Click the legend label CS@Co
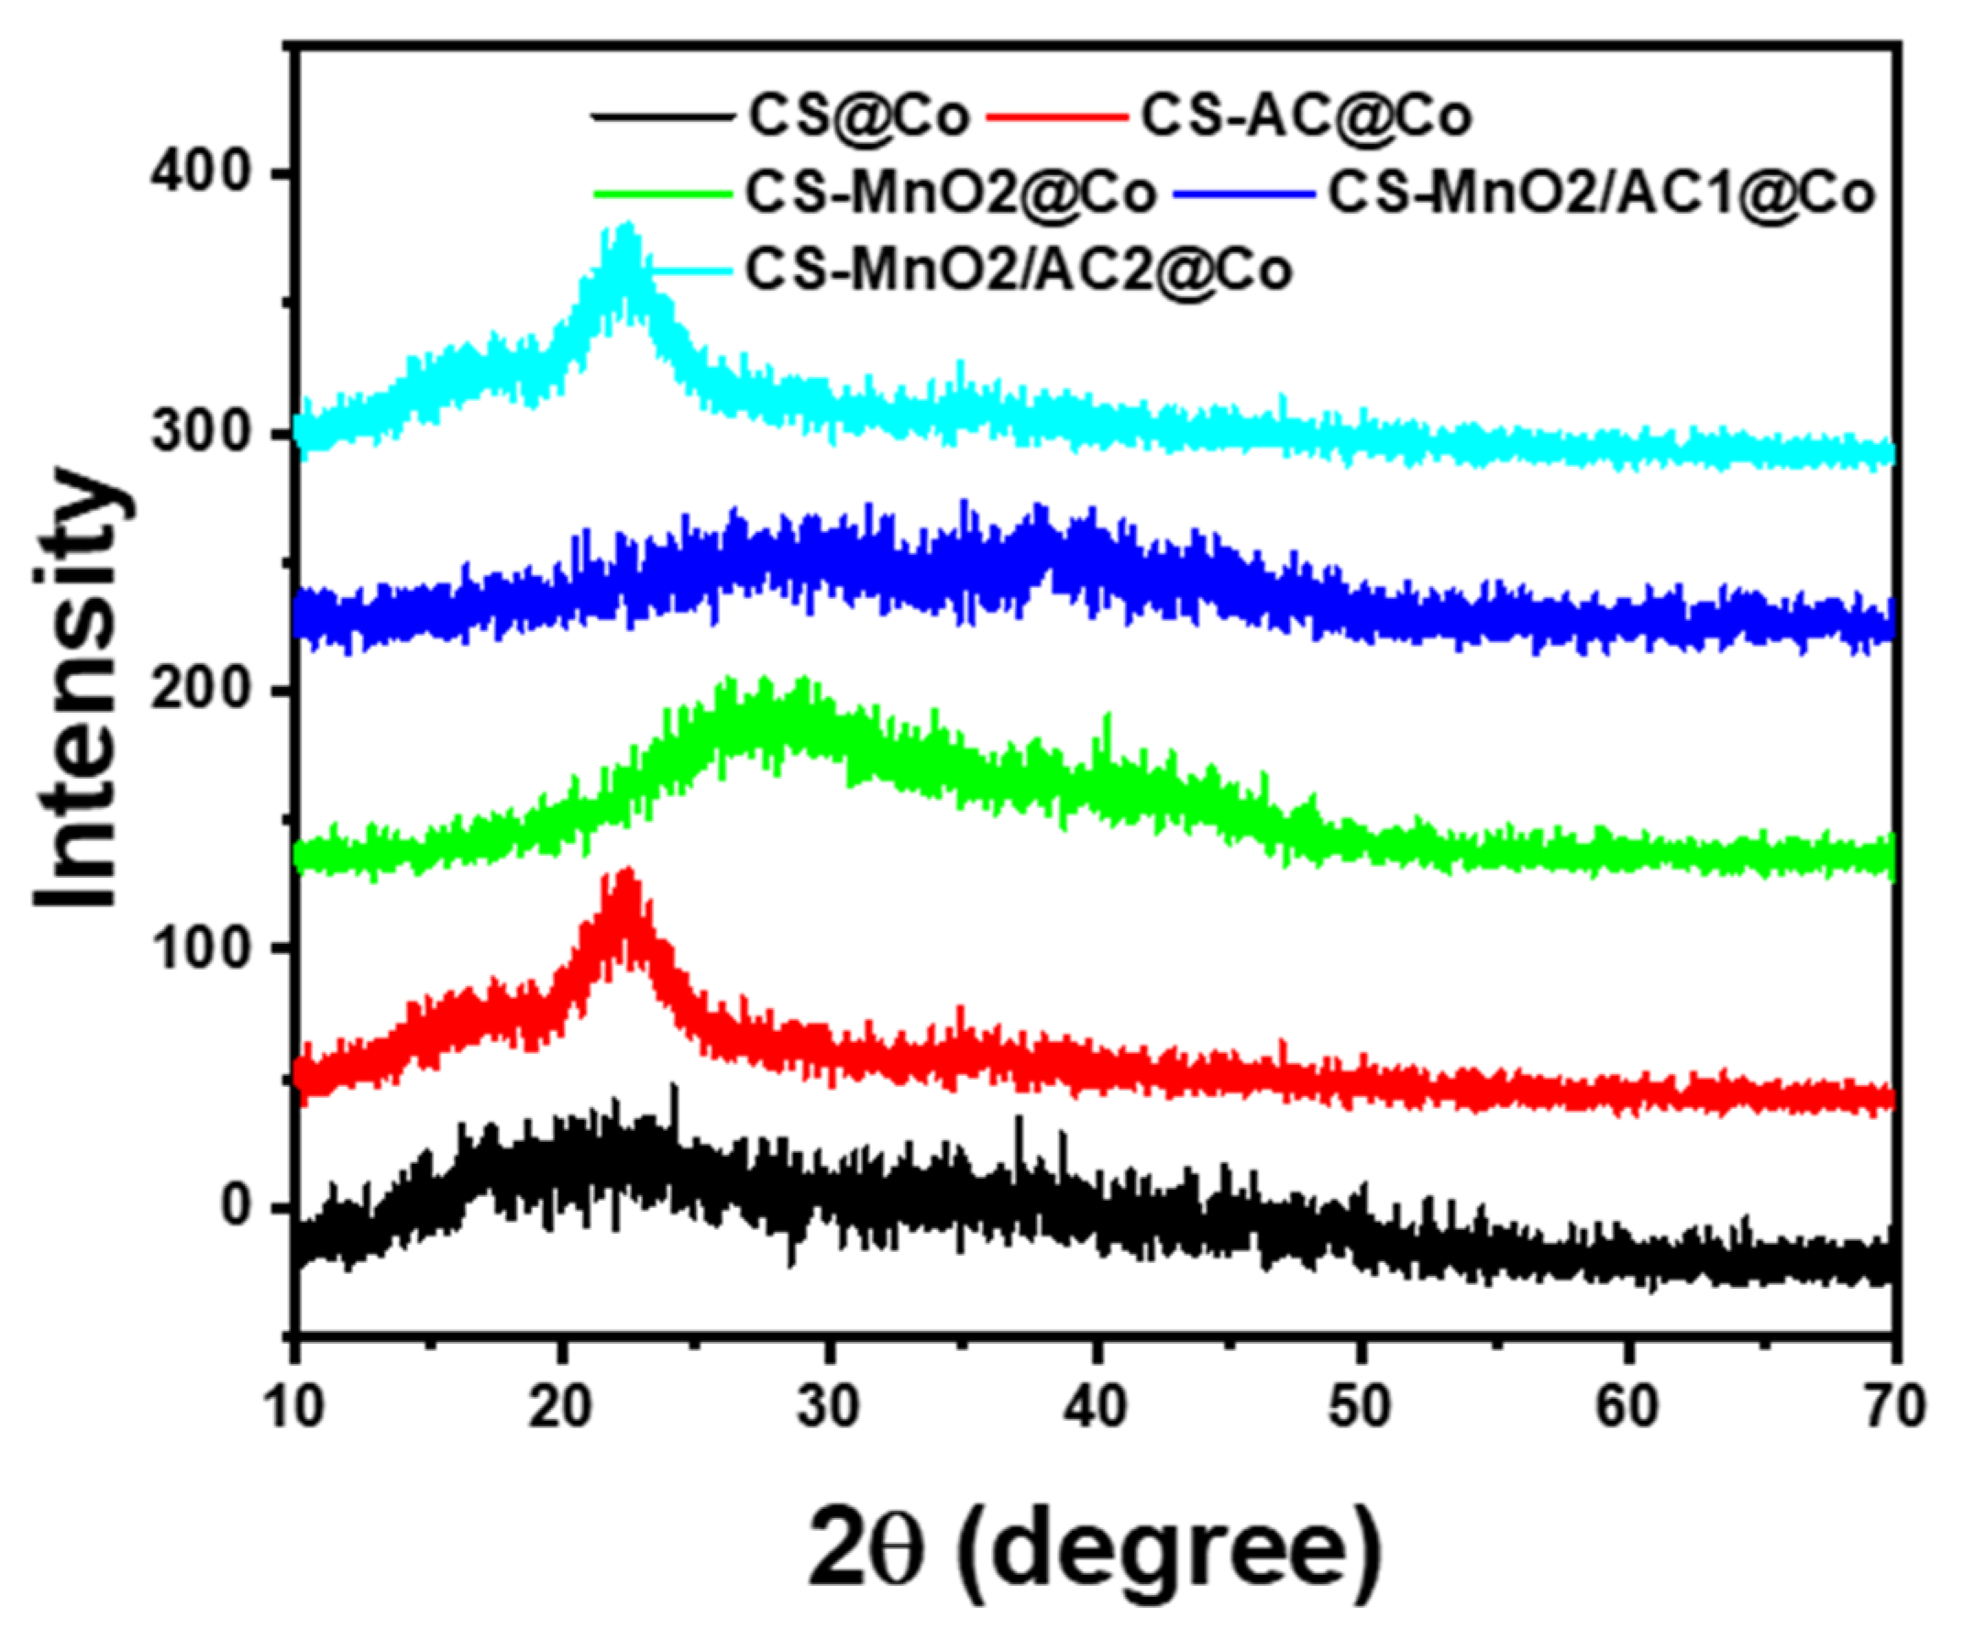pos(857,117)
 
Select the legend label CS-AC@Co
pos(1306,117)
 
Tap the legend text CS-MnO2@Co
pos(951,194)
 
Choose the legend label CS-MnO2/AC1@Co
pos(1601,194)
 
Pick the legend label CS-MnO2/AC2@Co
pos(1018,271)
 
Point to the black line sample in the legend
pos(661,117)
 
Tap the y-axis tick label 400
pos(200,175)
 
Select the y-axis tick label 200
pos(200,693)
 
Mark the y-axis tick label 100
pos(200,950)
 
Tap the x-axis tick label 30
pos(828,1405)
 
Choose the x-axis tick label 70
pos(1893,1405)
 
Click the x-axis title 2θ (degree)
pos(1092,1547)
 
